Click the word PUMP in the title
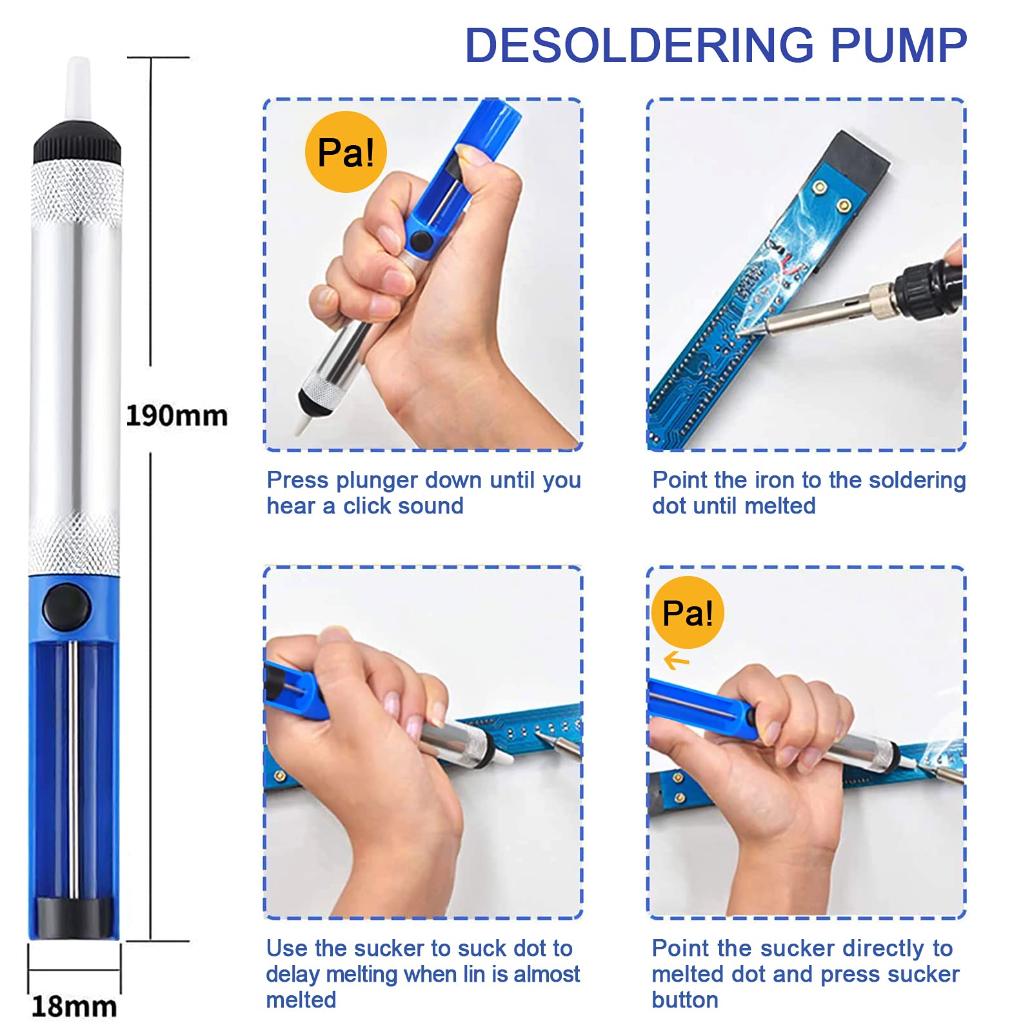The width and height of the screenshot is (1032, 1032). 898,45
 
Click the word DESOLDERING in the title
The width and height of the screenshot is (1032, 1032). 640,45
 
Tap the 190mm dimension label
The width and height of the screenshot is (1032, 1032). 177,416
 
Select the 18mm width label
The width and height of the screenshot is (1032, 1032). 74,1006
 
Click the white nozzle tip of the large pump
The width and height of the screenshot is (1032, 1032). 79,87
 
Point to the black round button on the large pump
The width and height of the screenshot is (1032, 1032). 66,606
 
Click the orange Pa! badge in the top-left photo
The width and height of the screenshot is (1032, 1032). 346,152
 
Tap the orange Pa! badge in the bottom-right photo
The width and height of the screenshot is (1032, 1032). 688,612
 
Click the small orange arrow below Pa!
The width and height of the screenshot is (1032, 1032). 677,660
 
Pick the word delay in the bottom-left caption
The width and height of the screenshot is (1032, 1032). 292,975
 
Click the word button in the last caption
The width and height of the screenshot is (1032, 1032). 685,1000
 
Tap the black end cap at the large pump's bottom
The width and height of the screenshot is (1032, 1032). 74,917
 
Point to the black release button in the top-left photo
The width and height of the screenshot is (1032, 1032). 421,241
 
